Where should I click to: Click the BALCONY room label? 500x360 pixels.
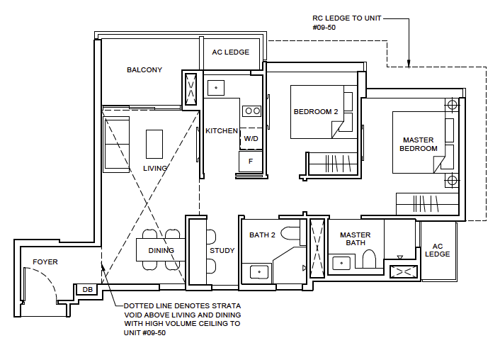144,69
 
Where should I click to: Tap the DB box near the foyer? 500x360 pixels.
88,289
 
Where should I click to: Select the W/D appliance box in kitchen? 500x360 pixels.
251,139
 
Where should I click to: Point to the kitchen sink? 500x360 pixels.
215,88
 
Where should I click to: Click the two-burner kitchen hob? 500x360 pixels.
252,111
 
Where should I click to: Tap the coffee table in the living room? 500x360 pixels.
154,144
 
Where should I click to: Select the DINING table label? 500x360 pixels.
161,250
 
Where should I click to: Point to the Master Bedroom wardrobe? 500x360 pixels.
427,203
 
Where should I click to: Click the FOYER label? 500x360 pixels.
45,262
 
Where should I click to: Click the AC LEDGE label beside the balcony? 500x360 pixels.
231,52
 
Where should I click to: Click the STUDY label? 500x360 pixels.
222,250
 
